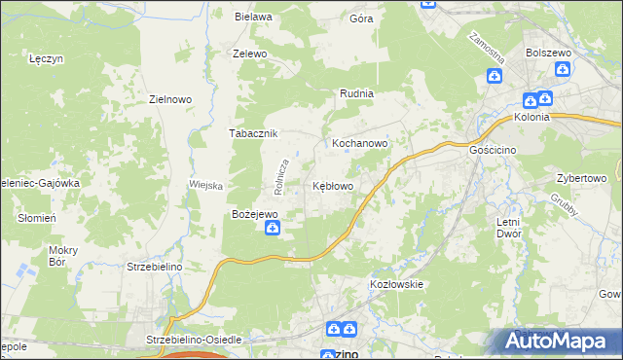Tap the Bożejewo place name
pos(255,213)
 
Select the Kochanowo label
pos(360,142)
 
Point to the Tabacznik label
pos(254,133)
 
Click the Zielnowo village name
pos(168,98)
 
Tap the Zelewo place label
pos(249,54)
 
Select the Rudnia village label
pos(357,93)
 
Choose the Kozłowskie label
pos(395,284)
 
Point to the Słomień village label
pos(37,218)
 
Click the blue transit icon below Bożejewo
pos(275,229)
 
